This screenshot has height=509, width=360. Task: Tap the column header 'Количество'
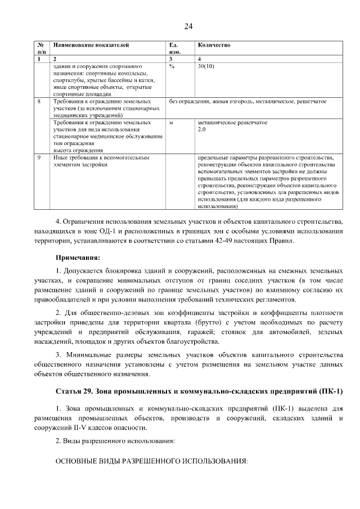coord(214,44)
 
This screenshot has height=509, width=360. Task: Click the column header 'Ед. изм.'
coord(174,48)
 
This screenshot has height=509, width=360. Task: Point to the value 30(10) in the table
coord(206,66)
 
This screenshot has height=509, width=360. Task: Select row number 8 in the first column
coord(39,101)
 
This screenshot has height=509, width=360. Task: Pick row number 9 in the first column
coord(39,158)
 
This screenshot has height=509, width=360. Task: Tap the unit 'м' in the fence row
coord(171,122)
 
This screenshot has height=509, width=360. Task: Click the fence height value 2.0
coord(202,129)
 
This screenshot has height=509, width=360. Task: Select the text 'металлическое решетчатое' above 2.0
coord(232,122)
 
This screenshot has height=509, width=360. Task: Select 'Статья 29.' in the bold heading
coord(77,391)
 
